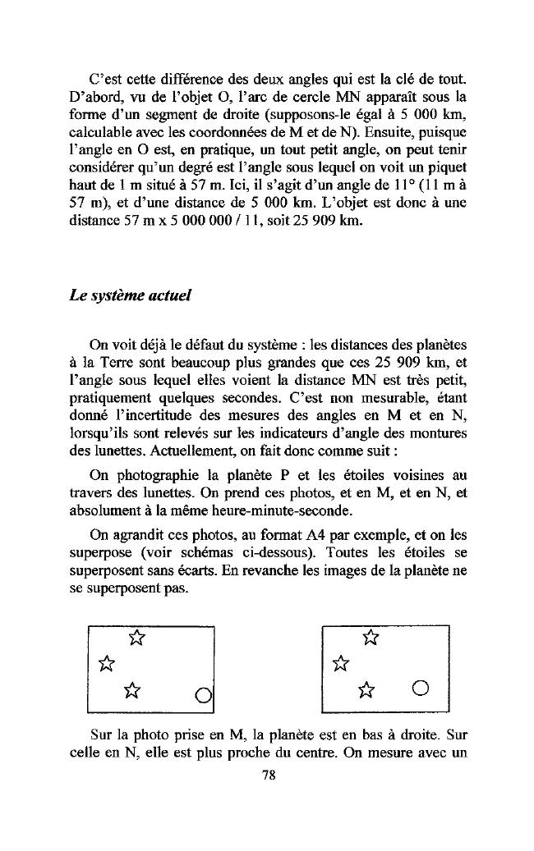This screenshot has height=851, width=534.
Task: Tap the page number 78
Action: pos(267,779)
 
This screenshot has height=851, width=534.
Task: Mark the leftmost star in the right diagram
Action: pos(339,661)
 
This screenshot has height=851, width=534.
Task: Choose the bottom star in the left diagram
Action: pos(130,688)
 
